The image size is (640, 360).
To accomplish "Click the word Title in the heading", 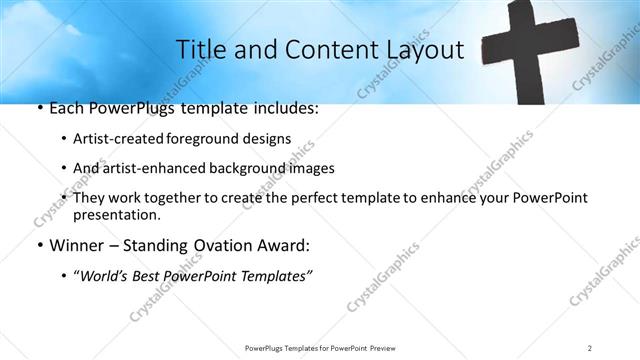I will [200, 49].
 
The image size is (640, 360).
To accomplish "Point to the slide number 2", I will [590, 347].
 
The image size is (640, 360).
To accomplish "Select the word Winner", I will [67, 245].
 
